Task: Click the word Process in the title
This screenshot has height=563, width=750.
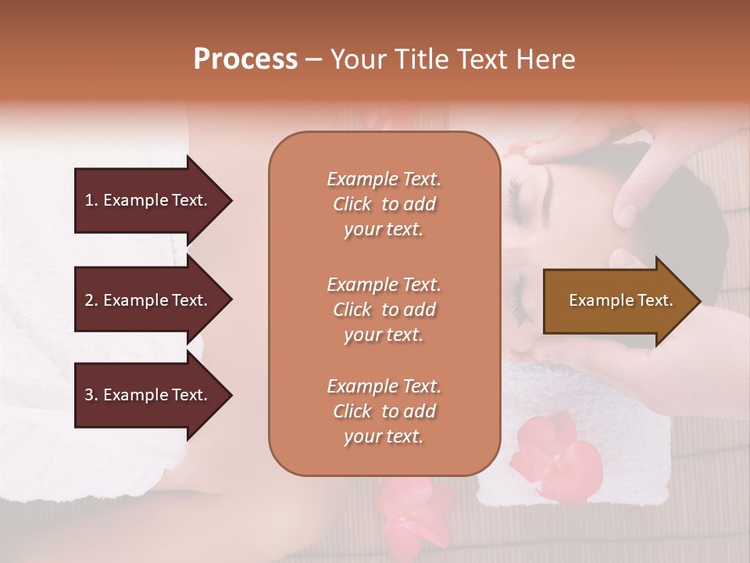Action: pyautogui.click(x=245, y=59)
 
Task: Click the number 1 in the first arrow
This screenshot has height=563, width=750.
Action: pyautogui.click(x=89, y=200)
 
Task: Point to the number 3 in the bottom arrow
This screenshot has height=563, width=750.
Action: pyautogui.click(x=89, y=395)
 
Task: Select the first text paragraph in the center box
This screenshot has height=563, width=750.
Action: pyautogui.click(x=384, y=204)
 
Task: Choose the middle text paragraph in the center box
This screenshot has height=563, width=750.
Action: pyautogui.click(x=384, y=310)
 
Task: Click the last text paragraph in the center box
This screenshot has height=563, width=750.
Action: pyautogui.click(x=384, y=411)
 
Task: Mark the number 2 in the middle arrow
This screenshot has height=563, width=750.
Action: pyautogui.click(x=89, y=300)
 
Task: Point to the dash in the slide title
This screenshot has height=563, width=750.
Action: pyautogui.click(x=314, y=59)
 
